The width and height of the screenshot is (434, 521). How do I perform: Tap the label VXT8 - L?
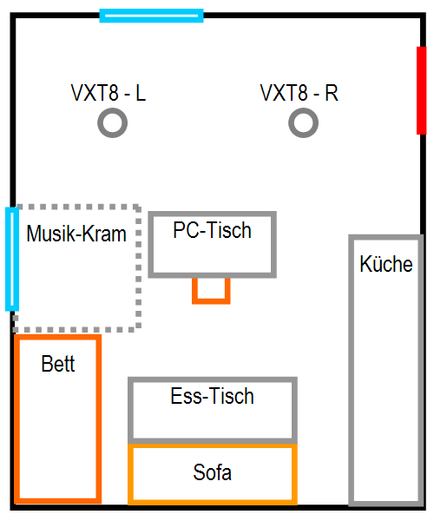[x=108, y=92]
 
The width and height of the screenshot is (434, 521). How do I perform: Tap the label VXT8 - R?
[x=299, y=92]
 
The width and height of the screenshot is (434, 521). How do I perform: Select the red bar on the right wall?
[x=421, y=90]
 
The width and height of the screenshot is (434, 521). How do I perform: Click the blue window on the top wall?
[x=151, y=16]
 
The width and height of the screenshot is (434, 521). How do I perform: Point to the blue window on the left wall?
[x=12, y=259]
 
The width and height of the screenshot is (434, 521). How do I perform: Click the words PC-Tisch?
[x=212, y=230]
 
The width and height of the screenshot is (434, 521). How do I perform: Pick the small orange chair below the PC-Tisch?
[x=211, y=301]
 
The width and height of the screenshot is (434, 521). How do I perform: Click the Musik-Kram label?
[x=76, y=234]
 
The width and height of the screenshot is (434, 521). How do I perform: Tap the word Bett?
[x=58, y=364]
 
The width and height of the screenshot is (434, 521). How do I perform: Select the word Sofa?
[x=212, y=472]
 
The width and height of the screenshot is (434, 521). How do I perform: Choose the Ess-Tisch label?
[x=212, y=396]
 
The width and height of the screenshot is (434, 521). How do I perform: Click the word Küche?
[x=386, y=264]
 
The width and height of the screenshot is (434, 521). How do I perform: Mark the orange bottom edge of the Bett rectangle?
[x=58, y=501]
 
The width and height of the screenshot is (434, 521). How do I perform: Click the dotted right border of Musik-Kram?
[x=139, y=267]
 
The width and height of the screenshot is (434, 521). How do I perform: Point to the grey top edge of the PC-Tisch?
[x=212, y=214]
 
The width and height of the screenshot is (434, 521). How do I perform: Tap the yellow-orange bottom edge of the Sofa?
[x=213, y=502]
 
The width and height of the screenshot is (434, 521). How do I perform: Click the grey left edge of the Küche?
[x=351, y=370]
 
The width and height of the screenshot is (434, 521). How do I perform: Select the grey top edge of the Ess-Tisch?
[x=213, y=379]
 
